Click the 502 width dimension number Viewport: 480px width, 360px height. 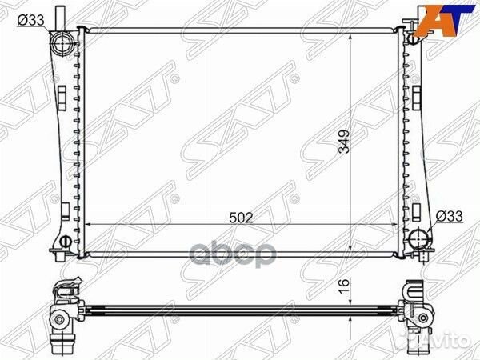pos(242,218)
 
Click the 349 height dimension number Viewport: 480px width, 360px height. pos(344,142)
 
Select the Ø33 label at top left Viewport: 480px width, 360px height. pos(31,21)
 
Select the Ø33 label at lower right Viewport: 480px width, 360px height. pos(449,217)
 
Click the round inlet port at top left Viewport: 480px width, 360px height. pos(62,44)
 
